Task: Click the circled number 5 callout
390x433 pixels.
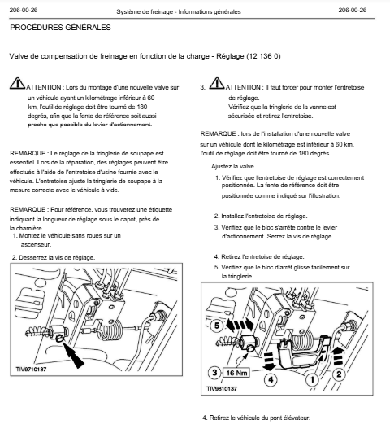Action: click(x=217, y=326)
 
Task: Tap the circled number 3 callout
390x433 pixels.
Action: click(x=214, y=373)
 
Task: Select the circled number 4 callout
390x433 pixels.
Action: click(x=271, y=380)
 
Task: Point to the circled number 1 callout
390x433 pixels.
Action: click(x=312, y=380)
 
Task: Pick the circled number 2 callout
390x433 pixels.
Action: click(x=339, y=374)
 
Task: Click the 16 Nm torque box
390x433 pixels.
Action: click(x=236, y=373)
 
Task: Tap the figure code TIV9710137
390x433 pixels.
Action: click(x=31, y=370)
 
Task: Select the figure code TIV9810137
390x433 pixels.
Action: click(x=222, y=388)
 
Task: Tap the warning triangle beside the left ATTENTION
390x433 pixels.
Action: click(x=17, y=83)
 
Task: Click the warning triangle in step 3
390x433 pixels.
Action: click(x=217, y=83)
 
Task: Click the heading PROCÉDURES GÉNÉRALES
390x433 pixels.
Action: click(x=60, y=28)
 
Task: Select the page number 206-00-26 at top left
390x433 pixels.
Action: click(x=24, y=11)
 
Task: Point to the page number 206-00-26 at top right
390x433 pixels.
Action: click(x=353, y=11)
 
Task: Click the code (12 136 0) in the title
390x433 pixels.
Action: click(x=263, y=56)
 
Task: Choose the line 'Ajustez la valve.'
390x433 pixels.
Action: click(x=233, y=167)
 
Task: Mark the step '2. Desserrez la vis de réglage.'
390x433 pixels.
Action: click(x=54, y=258)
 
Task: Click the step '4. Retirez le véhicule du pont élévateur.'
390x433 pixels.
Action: click(x=256, y=418)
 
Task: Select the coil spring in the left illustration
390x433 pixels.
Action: click(x=110, y=330)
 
